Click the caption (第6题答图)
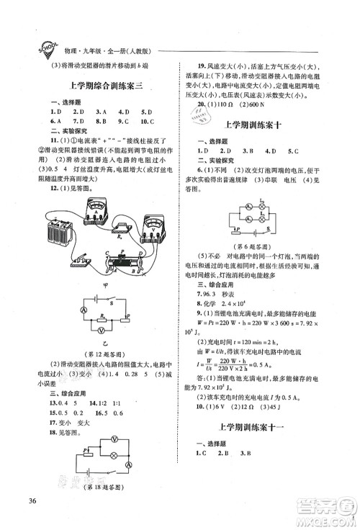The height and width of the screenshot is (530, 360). pos(269,245)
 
